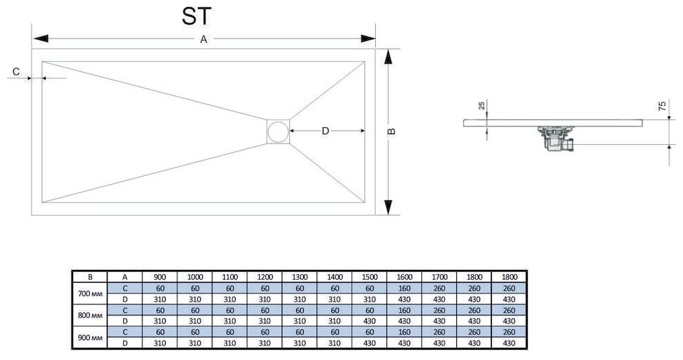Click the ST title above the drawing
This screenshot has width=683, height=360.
tap(197, 17)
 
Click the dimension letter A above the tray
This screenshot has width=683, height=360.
tap(203, 40)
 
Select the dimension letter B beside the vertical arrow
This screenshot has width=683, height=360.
tap(392, 132)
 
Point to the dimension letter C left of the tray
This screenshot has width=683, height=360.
tap(15, 70)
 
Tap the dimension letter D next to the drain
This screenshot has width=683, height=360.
tap(326, 131)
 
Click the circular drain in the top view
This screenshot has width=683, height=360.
tap(278, 131)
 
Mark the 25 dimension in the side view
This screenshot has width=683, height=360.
tap(481, 106)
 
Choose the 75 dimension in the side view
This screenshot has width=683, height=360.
tap(662, 106)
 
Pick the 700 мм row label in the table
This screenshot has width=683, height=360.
tap(90, 294)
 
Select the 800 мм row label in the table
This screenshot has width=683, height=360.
tap(90, 315)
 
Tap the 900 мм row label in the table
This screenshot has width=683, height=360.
tap(90, 337)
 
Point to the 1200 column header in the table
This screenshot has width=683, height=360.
tap(265, 277)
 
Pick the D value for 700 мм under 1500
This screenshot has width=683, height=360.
tap(370, 299)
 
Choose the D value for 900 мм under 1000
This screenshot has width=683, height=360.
tap(194, 342)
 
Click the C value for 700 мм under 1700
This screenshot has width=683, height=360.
tap(440, 289)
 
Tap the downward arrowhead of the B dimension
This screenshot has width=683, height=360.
tap(388, 207)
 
